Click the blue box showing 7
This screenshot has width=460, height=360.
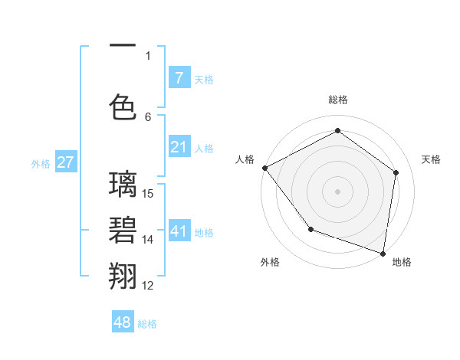click(x=179, y=78)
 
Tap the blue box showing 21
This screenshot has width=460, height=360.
click(x=179, y=147)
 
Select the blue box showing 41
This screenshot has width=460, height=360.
click(x=179, y=231)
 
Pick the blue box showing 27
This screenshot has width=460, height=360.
click(x=65, y=162)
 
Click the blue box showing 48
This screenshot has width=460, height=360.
click(x=123, y=322)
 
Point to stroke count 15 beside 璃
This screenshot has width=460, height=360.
click(x=149, y=193)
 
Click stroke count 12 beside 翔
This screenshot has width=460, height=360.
click(x=148, y=286)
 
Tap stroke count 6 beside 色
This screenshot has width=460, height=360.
click(x=148, y=116)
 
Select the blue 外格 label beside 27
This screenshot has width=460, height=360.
click(x=41, y=163)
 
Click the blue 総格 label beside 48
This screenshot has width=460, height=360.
click(x=147, y=324)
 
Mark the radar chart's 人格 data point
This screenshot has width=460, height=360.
click(x=264, y=168)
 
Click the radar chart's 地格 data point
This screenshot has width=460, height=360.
click(x=383, y=253)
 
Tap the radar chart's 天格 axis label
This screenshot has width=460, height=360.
click(x=431, y=159)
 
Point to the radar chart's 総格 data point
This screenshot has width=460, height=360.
click(x=337, y=131)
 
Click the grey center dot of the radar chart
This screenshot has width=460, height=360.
click(x=337, y=191)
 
